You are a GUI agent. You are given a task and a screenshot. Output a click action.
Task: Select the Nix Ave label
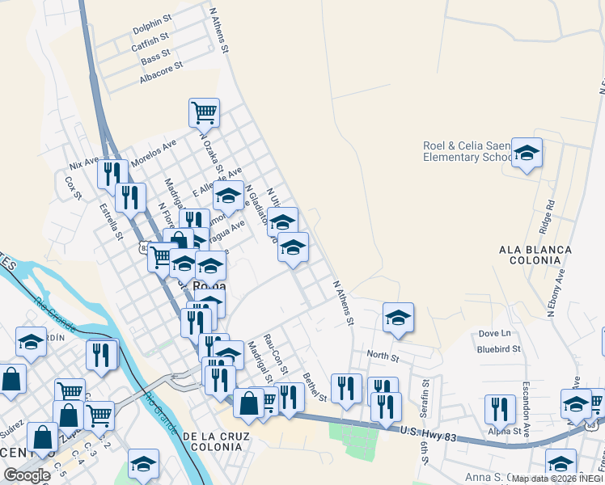(x=84, y=162)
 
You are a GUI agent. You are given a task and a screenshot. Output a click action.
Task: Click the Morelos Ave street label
(x=153, y=150)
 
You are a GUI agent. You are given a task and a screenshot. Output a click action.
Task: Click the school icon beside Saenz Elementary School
(x=527, y=152)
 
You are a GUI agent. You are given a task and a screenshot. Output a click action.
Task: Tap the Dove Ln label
(x=495, y=333)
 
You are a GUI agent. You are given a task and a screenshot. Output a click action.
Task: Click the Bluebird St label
(x=498, y=349)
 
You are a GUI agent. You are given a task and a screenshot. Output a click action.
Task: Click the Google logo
(x=27, y=475)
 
